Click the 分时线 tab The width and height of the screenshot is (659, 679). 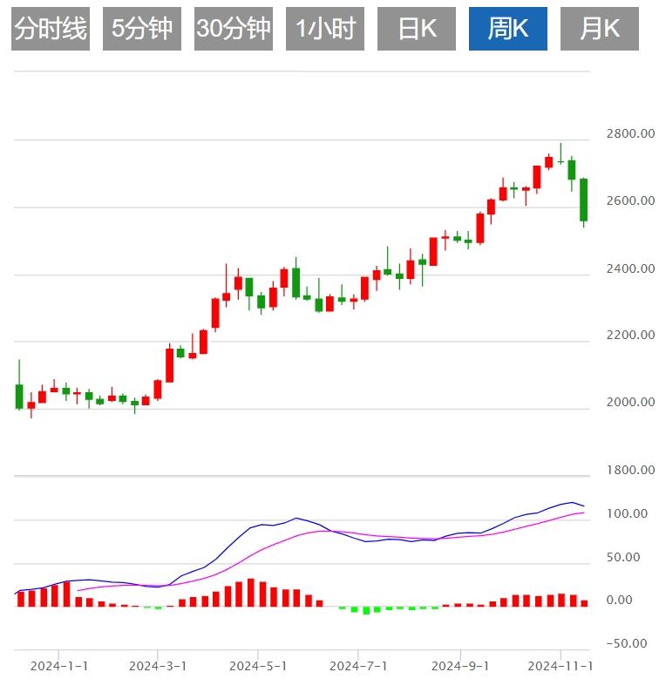(x=51, y=29)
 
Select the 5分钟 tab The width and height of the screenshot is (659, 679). (x=142, y=29)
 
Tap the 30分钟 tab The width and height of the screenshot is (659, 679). (x=234, y=29)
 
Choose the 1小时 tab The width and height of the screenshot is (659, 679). (x=325, y=29)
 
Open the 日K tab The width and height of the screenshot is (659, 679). (x=417, y=29)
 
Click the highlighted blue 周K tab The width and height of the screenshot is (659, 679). (x=508, y=29)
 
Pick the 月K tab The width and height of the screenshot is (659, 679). (x=600, y=29)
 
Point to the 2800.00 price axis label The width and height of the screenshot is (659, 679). (x=630, y=134)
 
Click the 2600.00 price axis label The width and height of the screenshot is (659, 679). (x=630, y=200)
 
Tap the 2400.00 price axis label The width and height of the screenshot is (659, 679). (x=630, y=268)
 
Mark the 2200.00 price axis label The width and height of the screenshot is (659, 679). (x=630, y=336)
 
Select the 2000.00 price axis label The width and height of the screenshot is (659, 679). (x=630, y=403)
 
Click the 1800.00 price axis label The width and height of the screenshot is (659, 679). (x=630, y=471)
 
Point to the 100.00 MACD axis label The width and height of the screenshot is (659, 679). (x=628, y=513)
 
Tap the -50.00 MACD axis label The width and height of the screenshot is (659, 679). (x=628, y=643)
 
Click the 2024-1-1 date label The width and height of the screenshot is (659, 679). (x=59, y=666)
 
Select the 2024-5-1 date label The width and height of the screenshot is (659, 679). (x=259, y=666)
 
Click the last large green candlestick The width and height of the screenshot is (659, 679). (x=584, y=200)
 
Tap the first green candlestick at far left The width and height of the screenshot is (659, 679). (x=19, y=396)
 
